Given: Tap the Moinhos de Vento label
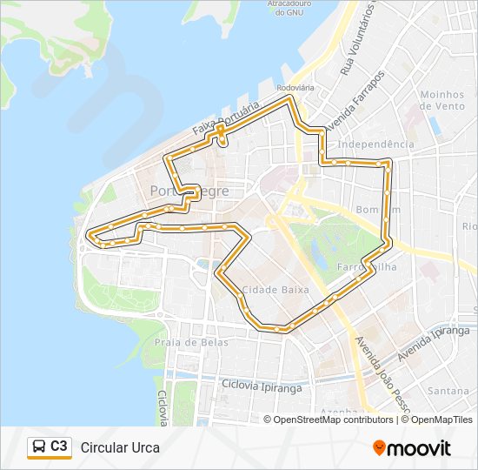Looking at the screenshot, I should click(443, 99).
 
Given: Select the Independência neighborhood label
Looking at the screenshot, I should click(375, 144).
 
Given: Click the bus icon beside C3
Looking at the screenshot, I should click(39, 447).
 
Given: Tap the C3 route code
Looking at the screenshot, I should click(59, 446).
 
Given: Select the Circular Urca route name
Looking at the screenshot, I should click(120, 448).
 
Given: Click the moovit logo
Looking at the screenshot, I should click(412, 447).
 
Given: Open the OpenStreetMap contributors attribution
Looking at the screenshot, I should click(333, 420).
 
